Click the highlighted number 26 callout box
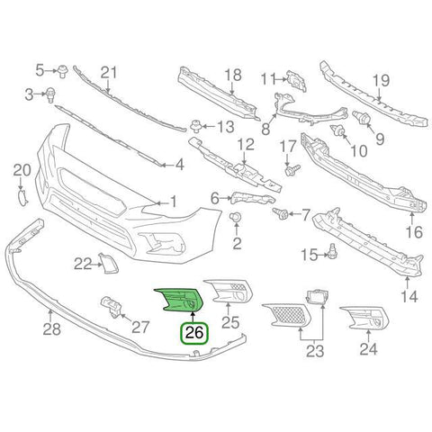click(193, 333)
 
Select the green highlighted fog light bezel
click(179, 300)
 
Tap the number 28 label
click(51, 329)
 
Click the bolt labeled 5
click(63, 71)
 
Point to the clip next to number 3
click(50, 95)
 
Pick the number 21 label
click(109, 73)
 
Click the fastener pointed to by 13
click(196, 127)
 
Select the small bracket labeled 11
click(297, 80)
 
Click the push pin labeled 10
click(338, 130)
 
